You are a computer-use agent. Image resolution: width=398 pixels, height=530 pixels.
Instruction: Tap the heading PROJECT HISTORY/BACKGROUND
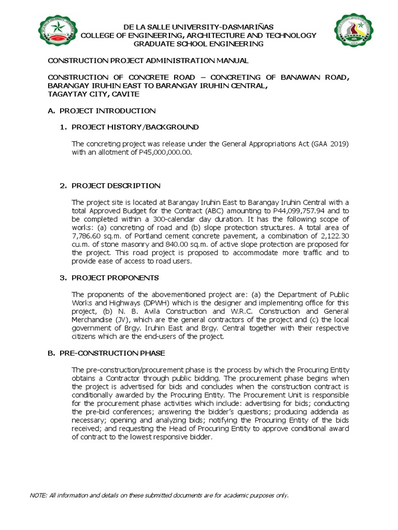tap(135, 127)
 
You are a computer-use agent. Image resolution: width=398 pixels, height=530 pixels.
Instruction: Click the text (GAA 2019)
tap(330, 143)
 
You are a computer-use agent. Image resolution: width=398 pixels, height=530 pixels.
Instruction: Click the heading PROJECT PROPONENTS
tap(115, 278)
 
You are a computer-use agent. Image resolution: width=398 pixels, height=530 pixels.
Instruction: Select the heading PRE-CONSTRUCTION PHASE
tap(112, 353)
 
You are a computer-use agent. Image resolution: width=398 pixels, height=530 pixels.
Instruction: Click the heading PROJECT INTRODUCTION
tap(107, 111)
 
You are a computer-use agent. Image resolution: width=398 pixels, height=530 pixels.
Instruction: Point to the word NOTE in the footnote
tap(38, 495)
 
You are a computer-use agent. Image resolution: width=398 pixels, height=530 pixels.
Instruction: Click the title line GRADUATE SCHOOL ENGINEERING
tap(198, 44)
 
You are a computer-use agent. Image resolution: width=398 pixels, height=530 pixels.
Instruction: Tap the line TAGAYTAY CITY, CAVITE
tap(93, 94)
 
